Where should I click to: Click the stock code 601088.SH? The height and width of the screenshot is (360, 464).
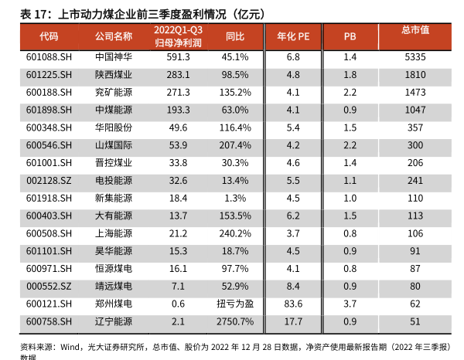click(49, 57)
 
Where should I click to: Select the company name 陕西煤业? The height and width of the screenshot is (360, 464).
click(113, 75)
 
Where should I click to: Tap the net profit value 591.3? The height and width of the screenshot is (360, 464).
click(178, 57)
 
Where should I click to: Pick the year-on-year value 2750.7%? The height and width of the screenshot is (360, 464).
click(235, 321)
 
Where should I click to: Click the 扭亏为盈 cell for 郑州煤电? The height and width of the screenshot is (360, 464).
click(235, 304)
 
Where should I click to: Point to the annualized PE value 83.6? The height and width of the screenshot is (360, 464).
click(292, 304)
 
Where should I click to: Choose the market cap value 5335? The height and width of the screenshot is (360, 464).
click(415, 57)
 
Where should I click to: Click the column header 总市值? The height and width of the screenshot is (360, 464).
click(415, 30)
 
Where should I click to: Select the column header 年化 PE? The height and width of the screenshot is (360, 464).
click(292, 36)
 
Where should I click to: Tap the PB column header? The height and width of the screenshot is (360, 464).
click(350, 36)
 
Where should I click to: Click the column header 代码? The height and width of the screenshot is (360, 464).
click(49, 36)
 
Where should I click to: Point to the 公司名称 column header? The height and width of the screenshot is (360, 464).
click(113, 36)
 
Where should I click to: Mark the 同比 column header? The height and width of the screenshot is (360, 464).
click(235, 36)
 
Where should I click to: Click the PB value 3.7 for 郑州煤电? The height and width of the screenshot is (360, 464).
click(350, 304)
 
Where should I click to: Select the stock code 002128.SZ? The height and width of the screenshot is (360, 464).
click(49, 180)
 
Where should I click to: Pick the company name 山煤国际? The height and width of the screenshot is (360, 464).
click(113, 145)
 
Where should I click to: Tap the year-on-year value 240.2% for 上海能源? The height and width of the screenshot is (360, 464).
click(235, 233)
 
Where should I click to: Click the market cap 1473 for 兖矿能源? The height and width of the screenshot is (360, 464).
click(415, 92)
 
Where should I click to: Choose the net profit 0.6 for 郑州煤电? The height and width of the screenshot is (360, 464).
click(178, 304)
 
